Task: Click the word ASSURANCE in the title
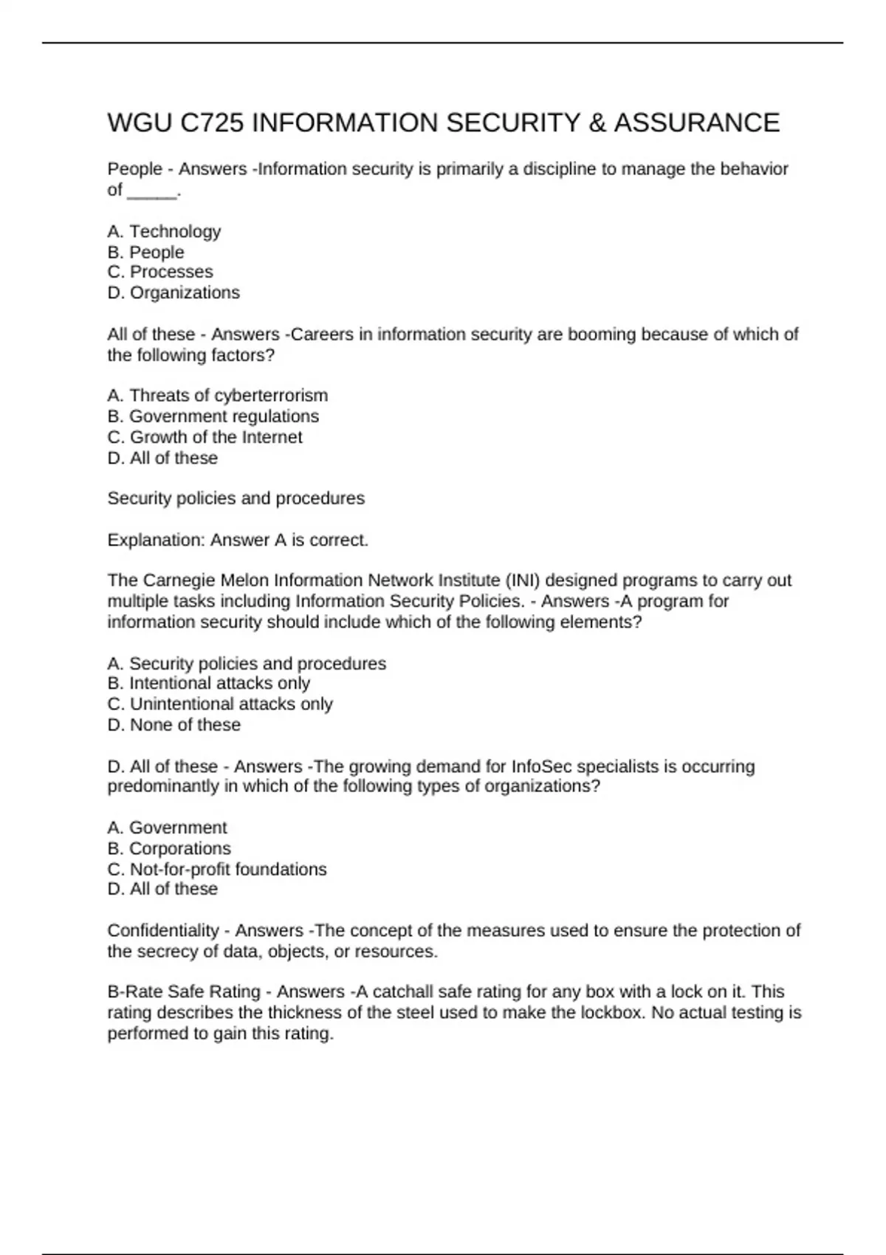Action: click(x=696, y=123)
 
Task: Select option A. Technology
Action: click(x=164, y=232)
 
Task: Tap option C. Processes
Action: click(x=160, y=272)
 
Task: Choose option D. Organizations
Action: click(x=174, y=292)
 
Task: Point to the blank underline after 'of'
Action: click(x=153, y=191)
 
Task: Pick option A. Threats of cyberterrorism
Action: click(x=217, y=396)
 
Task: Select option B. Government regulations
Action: click(x=213, y=416)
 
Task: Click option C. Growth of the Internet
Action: click(x=205, y=437)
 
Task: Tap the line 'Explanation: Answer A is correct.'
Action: click(x=238, y=540)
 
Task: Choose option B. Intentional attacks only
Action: click(x=208, y=684)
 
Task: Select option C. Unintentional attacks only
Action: click(x=220, y=704)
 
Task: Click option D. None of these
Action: click(x=174, y=725)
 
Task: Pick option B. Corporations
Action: click(x=169, y=848)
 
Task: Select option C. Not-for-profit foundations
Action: click(x=217, y=869)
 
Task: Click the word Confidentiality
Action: click(x=163, y=930)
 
